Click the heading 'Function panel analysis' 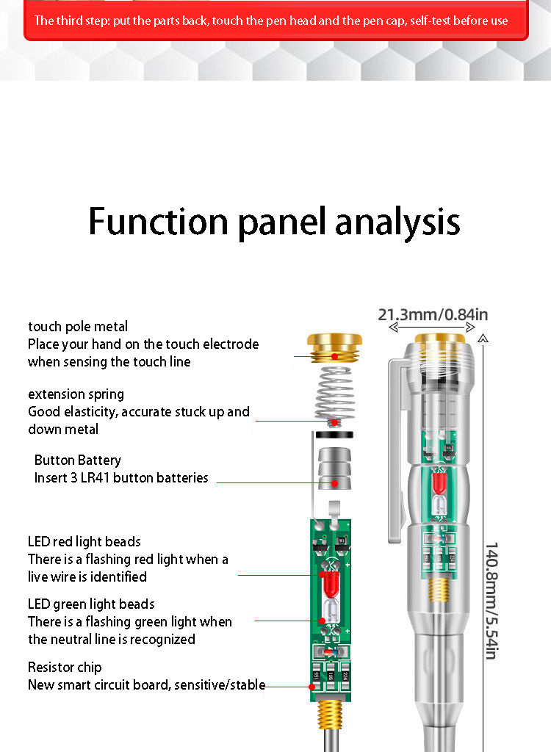274,222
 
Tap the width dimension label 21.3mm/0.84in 433,315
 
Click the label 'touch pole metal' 78,327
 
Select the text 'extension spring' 76,394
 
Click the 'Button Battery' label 78,460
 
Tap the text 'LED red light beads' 84,542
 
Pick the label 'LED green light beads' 91,604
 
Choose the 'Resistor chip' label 65,668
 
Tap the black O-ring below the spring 334,434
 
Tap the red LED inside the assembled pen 439,482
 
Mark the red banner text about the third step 271,21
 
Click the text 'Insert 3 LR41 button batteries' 121,478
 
